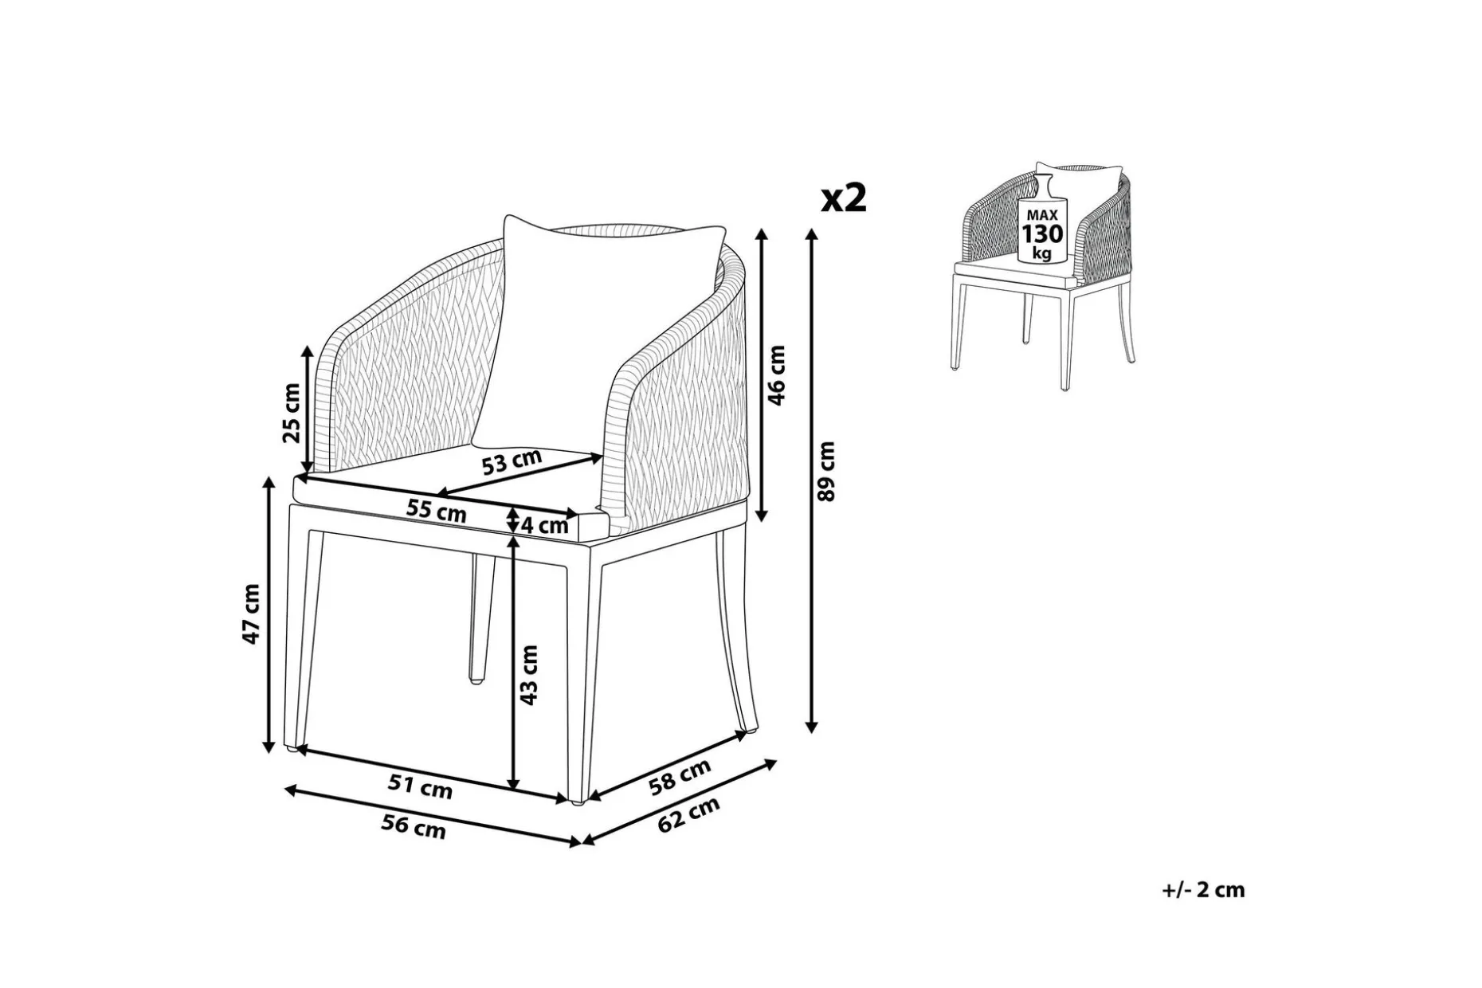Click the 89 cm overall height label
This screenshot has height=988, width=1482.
coord(828,471)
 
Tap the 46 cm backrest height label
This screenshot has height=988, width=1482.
coord(777,374)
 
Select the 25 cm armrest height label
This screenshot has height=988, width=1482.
coord(292,413)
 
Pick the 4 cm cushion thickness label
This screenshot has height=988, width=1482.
coord(545,525)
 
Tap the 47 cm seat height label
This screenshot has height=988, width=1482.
coord(252,614)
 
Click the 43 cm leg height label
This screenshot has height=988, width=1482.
coord(529,676)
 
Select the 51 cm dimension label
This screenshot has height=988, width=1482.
coord(420,786)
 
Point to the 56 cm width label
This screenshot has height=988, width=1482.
coord(413,826)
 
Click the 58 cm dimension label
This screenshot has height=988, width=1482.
coord(680,777)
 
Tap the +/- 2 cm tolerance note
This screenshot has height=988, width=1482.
coord(1203,890)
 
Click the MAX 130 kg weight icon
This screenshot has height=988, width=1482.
coord(1042,219)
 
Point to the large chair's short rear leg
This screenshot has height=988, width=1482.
coord(480,619)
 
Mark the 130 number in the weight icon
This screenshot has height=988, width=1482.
coord(1042,234)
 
